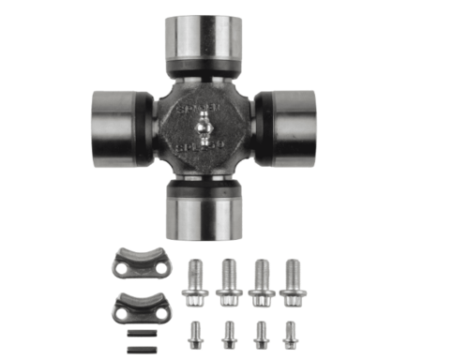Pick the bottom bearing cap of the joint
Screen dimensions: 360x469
tap(204, 211)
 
